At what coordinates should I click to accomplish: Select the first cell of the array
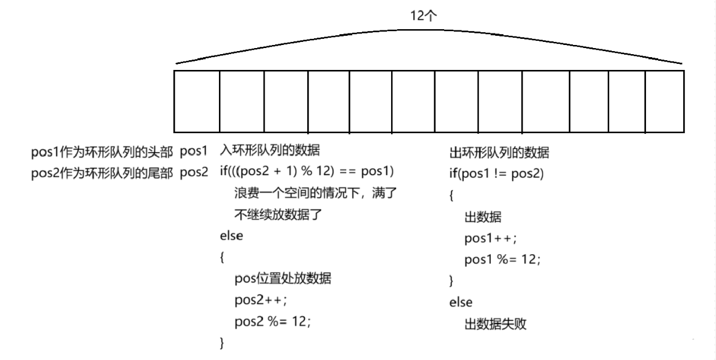(196, 102)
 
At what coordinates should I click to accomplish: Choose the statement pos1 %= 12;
(502, 259)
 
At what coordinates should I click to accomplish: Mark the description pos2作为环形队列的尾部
(103, 172)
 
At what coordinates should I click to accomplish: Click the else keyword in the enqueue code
(231, 237)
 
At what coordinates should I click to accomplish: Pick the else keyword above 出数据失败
(461, 302)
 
